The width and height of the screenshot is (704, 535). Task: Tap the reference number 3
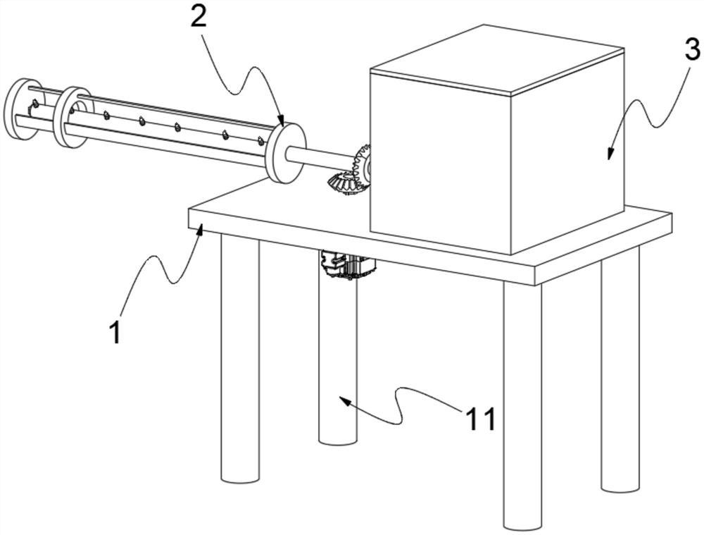692,50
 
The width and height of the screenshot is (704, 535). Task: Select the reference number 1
115,331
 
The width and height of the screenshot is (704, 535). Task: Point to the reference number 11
481,419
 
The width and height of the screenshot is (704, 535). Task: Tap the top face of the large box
496,59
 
